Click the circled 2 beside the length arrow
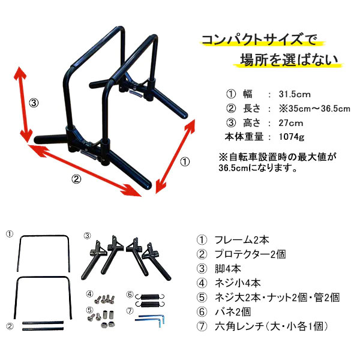(76, 178)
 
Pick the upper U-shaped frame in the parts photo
(45, 254)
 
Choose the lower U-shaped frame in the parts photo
(45, 296)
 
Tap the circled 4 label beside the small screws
(89, 295)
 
